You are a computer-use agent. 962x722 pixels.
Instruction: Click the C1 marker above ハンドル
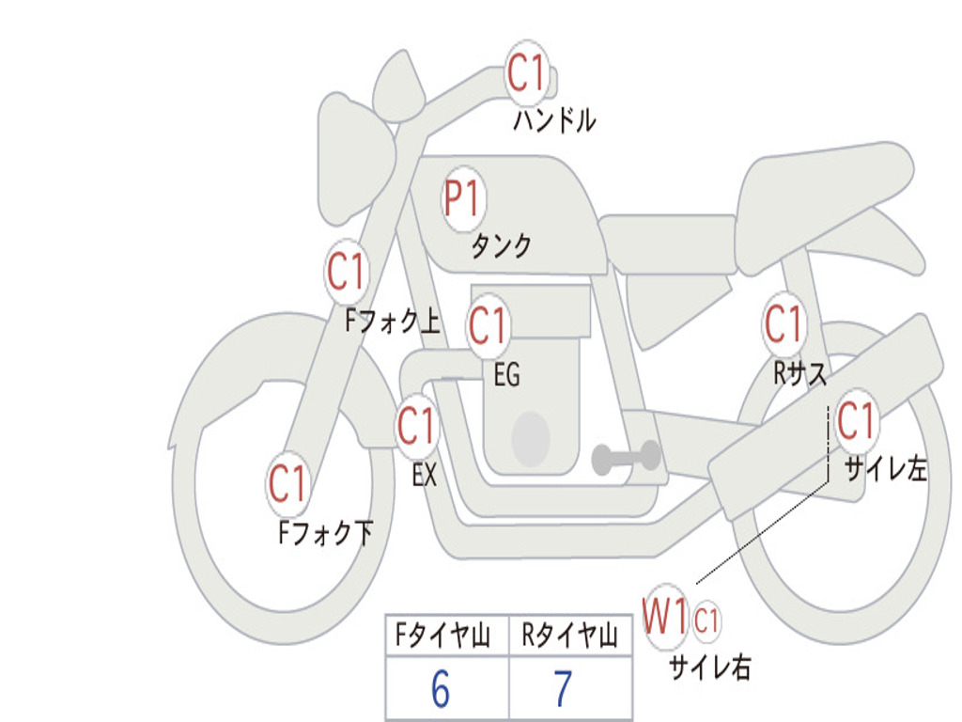[527, 72]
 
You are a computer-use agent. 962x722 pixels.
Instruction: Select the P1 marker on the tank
[462, 199]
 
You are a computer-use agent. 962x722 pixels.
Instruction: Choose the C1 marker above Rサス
[783, 324]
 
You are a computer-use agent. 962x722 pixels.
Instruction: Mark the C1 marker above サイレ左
[856, 420]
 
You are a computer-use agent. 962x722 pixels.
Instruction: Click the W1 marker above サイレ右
[665, 619]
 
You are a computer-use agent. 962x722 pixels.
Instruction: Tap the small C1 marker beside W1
[706, 620]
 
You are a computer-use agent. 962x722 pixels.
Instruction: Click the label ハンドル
[554, 120]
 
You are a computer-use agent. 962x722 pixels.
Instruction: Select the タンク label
[501, 246]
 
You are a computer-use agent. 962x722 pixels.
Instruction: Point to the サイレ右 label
[709, 667]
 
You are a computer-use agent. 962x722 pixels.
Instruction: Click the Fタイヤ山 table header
[442, 637]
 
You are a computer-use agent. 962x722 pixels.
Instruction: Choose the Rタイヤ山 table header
[569, 637]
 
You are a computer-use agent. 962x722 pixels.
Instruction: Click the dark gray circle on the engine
[530, 437]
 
